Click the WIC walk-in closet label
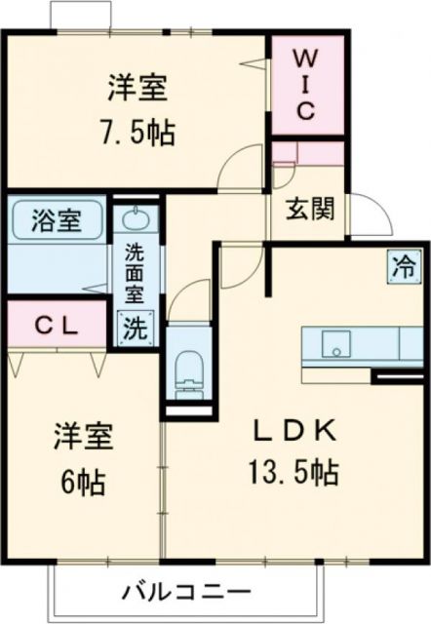click(306, 84)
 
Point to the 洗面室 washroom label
click(136, 273)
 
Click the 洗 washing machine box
click(136, 326)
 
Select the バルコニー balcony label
click(187, 592)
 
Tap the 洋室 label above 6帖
click(82, 437)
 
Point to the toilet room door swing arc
click(191, 297)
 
